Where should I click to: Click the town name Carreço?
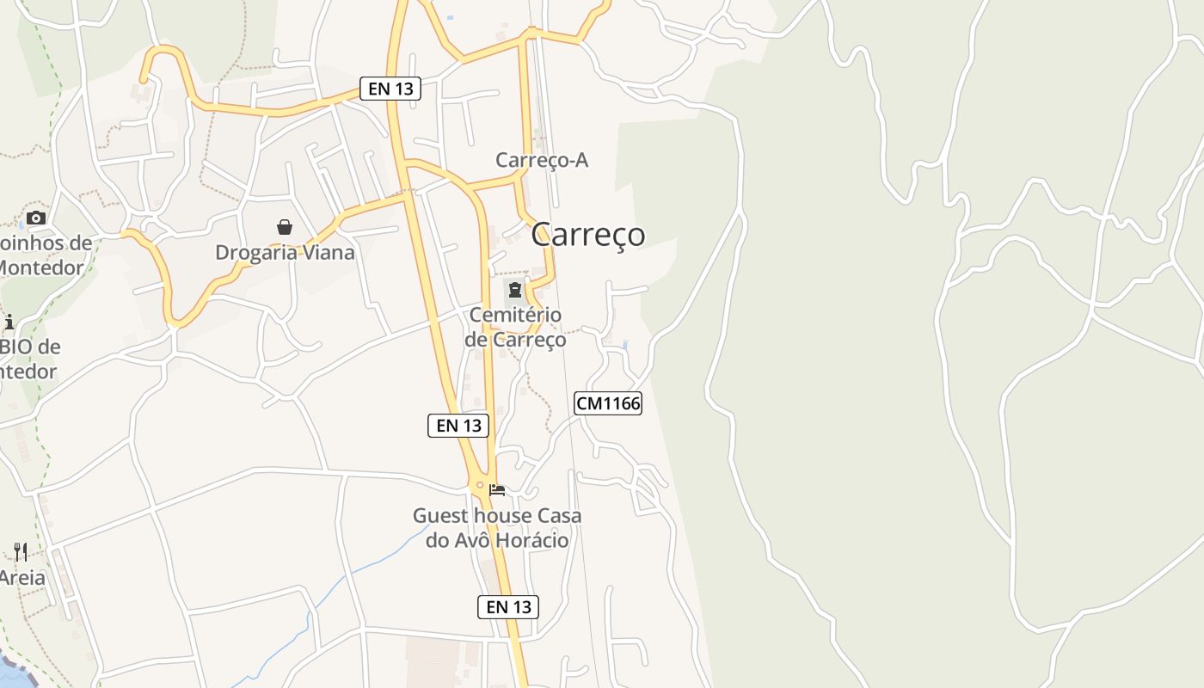point(587,234)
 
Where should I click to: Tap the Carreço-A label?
point(542,160)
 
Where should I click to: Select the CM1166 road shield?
point(608,402)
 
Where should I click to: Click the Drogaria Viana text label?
point(285,252)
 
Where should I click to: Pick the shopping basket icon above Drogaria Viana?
point(285,227)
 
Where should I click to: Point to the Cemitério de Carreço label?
point(515,327)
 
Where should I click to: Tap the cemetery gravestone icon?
point(515,289)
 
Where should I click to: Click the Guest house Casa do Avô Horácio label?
point(497,527)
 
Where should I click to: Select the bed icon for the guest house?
point(497,490)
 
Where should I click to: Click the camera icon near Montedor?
point(35,218)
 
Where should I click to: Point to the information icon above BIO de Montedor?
point(9,322)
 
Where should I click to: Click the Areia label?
point(22,577)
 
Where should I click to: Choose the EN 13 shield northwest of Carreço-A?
point(390,88)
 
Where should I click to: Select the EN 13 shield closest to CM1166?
point(458,425)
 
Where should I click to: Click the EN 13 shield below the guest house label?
point(508,606)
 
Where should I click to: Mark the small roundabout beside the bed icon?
point(480,485)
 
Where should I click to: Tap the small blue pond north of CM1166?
point(625,344)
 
